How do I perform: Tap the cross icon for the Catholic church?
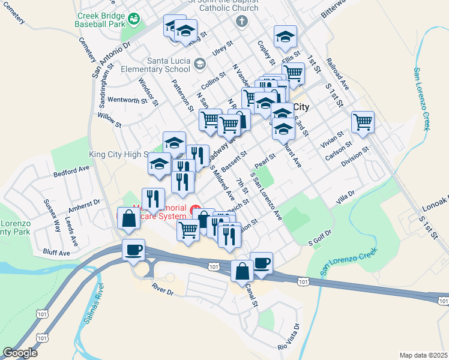242,22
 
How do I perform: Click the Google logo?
20,353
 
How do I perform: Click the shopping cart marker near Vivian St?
363,122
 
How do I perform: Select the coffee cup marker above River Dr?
133,250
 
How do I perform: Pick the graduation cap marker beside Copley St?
286,37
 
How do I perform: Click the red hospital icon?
195,210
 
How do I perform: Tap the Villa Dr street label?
346,196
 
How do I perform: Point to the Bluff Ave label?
56,253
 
